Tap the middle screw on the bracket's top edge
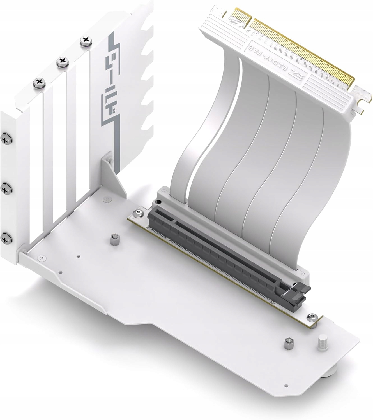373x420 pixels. [62, 61]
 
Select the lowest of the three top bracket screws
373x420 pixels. [40, 82]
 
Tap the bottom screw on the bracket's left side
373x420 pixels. [5, 238]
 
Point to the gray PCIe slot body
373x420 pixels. [219, 244]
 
